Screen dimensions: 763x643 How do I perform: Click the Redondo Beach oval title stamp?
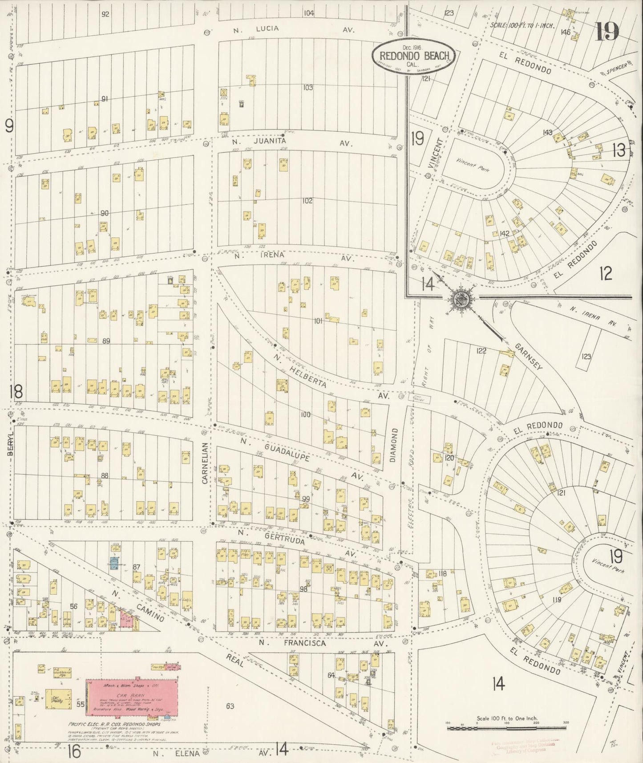click(413, 56)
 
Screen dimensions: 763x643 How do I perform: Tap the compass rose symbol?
click(461, 301)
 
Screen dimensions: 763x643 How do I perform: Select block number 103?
click(307, 87)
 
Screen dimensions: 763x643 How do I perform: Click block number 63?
click(230, 706)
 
